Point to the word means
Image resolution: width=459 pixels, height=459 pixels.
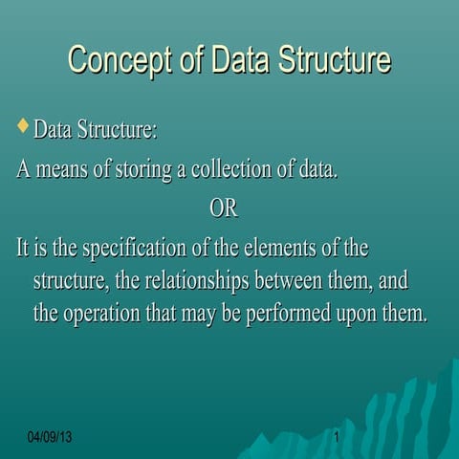pos(69,170)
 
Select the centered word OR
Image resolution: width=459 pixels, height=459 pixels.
pos(223,208)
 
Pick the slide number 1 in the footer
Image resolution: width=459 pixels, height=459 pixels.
pos(338,437)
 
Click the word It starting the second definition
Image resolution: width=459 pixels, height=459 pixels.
pos(25,249)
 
